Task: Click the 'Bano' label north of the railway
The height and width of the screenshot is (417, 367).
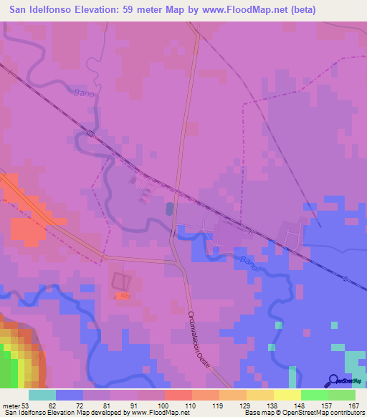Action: [85, 92]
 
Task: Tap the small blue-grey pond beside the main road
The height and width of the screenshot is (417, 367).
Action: [169, 208]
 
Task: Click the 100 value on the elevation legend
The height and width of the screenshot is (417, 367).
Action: [164, 406]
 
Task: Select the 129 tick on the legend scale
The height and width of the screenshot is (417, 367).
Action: [247, 406]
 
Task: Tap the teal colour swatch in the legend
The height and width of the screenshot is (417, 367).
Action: [42, 395]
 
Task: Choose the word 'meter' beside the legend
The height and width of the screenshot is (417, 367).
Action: [10, 406]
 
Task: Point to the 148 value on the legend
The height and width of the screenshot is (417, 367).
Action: [301, 406]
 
